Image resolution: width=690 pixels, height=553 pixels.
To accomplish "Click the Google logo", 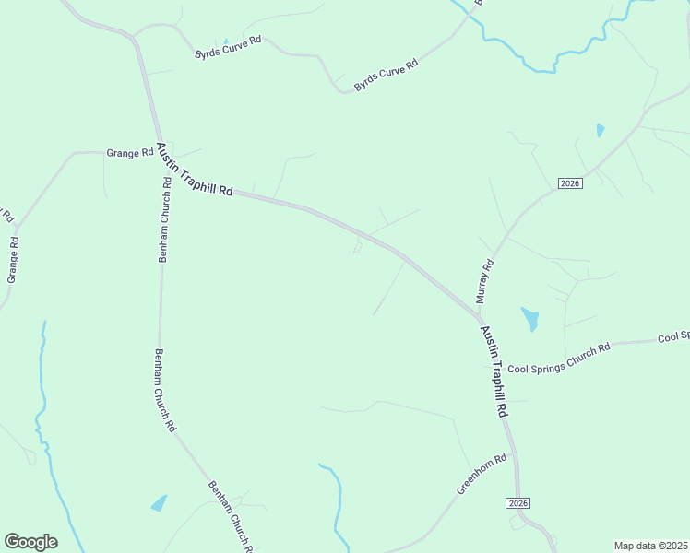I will (x=30, y=542).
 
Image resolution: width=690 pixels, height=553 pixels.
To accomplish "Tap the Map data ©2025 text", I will (x=650, y=546).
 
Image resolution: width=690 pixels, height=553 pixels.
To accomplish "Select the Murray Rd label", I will (x=485, y=281).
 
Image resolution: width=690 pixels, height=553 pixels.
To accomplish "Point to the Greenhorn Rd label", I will (x=482, y=475).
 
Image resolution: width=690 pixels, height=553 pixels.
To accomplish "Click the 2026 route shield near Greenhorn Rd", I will (x=518, y=502).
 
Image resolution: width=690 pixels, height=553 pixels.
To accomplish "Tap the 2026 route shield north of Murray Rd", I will (x=569, y=183).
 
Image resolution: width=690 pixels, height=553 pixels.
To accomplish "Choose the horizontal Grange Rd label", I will (x=129, y=153).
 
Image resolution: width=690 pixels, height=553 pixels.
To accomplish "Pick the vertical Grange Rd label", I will (x=13, y=261).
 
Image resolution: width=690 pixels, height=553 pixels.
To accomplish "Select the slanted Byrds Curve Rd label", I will (x=387, y=76).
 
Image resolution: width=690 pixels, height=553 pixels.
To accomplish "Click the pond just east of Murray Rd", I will (x=530, y=319).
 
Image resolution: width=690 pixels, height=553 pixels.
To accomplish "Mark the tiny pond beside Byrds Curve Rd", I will (x=225, y=41).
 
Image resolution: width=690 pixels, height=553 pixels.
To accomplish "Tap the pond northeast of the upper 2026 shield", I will (x=601, y=130).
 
